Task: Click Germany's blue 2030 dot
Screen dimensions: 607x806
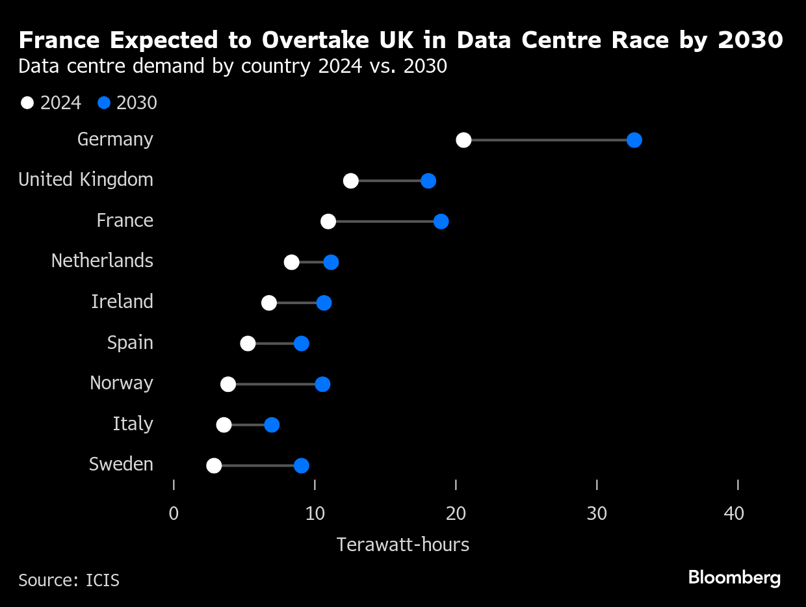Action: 634,140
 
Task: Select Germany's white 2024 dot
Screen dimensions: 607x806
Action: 463,140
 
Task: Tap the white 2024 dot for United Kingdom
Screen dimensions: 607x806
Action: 351,181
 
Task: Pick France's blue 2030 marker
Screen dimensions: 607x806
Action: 441,222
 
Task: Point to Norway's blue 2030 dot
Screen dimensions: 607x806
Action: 322,384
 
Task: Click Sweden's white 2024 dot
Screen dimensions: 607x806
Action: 214,465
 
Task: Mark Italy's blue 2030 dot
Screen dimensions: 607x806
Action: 272,425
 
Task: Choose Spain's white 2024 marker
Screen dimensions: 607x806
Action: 248,344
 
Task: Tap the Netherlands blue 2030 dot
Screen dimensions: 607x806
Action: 331,263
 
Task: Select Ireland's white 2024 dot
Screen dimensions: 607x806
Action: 269,303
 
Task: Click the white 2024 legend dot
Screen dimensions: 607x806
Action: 27,103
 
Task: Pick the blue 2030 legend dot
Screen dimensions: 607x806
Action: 104,103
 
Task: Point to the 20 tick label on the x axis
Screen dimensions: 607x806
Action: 456,514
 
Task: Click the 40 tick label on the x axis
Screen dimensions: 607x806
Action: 734,514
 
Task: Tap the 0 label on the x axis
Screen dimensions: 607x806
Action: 174,514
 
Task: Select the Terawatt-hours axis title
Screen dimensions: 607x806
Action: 403,545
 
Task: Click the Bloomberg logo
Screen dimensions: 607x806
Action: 734,578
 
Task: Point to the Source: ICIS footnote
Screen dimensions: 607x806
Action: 69,580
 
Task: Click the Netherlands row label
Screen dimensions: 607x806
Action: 102,261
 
